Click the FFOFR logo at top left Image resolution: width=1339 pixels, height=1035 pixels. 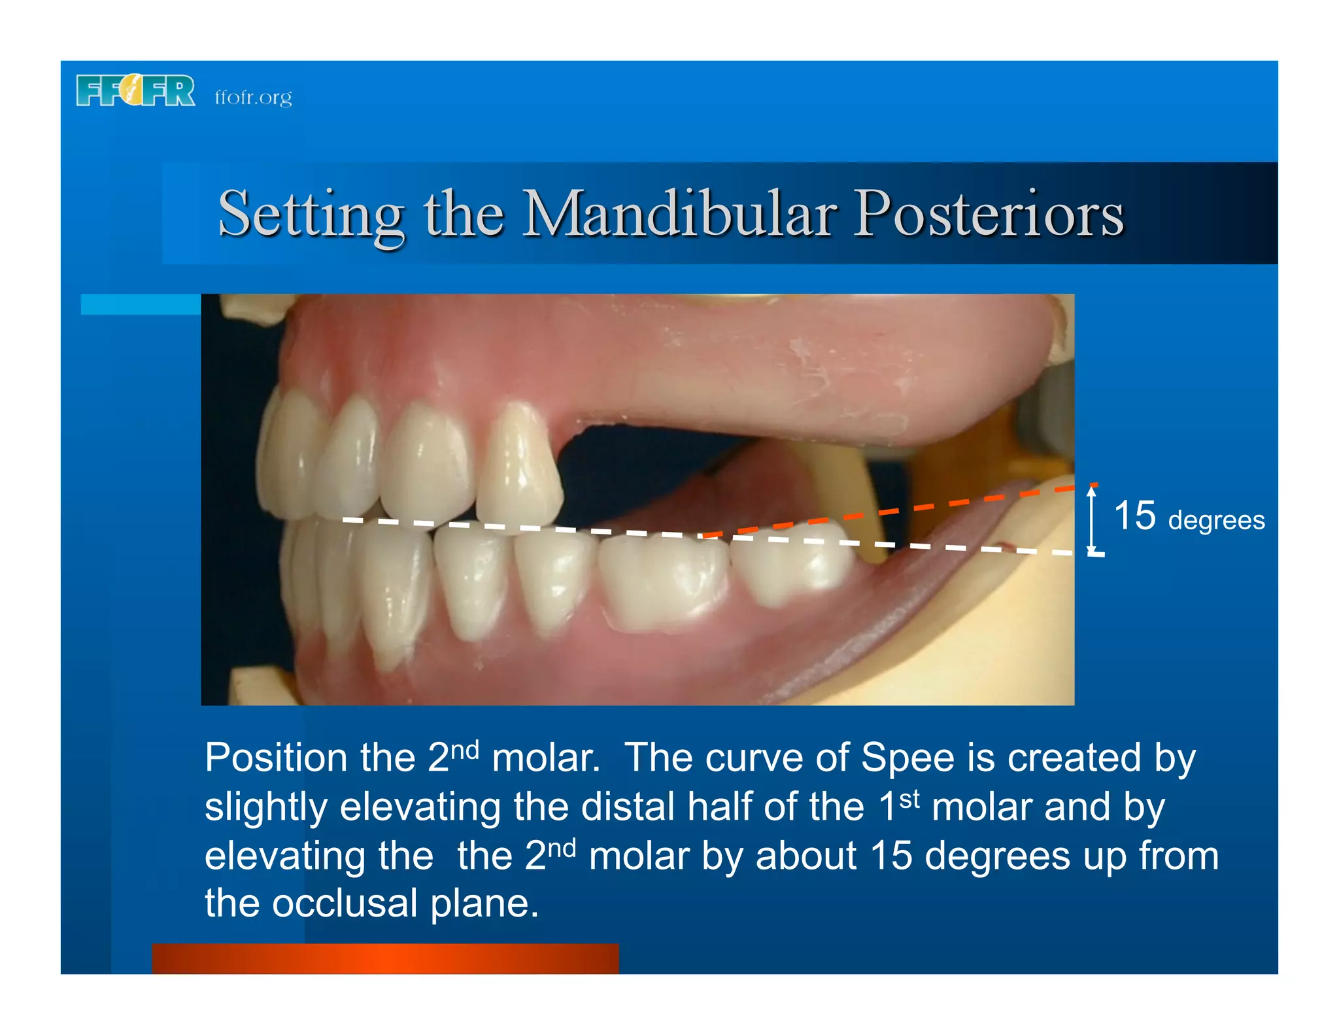pos(135,90)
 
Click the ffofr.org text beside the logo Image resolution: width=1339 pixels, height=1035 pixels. pos(253,97)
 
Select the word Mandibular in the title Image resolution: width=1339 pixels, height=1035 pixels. pos(680,213)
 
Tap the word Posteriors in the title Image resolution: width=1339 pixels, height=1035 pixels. pos(989,213)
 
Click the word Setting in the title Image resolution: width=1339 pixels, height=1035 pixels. pos(311,213)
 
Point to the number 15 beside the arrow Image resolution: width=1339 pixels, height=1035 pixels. pos(1134,516)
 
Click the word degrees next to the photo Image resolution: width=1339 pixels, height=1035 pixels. pos(1216,521)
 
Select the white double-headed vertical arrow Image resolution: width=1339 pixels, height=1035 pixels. pos(1092,520)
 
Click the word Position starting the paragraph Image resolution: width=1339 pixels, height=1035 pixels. pos(276,758)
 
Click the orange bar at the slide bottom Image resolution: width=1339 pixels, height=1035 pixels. pos(385,958)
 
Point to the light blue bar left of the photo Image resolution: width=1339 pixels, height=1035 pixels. pos(141,304)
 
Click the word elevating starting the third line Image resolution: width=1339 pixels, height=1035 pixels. pos(318,856)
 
